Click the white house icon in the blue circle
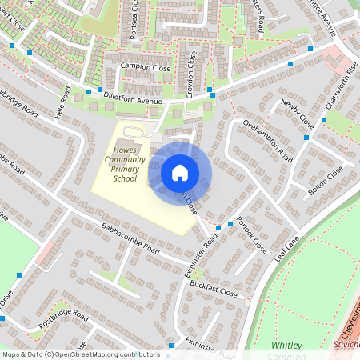point(180,172)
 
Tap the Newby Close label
point(298,115)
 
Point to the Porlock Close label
point(253,234)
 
